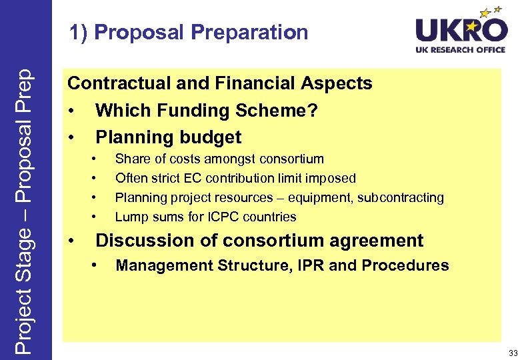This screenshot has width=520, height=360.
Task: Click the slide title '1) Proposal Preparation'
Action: point(189,32)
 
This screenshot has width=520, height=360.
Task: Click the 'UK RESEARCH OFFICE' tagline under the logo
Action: point(461,50)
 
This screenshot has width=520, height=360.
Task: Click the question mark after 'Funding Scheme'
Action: point(312,111)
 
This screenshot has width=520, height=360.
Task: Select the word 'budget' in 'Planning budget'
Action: point(213,137)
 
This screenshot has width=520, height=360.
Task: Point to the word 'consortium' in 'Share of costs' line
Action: point(291,159)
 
